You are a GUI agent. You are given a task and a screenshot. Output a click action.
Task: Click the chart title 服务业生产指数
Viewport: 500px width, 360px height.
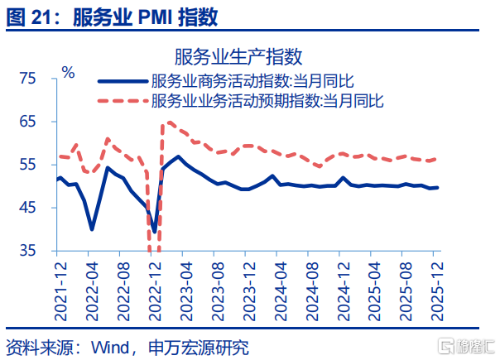click(238, 57)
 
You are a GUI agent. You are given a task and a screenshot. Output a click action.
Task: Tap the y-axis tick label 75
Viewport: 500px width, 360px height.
click(28, 78)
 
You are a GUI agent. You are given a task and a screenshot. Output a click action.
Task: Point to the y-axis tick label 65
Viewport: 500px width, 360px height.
click(28, 122)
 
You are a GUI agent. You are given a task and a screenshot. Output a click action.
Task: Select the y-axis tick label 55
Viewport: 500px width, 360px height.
click(28, 165)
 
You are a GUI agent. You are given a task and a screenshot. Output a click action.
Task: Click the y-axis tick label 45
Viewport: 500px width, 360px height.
click(28, 208)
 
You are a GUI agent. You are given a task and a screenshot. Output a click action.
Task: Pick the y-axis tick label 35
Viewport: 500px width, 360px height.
click(28, 251)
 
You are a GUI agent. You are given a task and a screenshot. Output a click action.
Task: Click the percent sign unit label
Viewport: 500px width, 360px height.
click(68, 72)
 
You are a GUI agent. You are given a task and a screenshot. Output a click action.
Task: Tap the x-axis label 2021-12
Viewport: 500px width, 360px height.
click(61, 291)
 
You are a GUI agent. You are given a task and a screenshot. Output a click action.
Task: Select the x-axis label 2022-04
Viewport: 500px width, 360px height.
click(92, 291)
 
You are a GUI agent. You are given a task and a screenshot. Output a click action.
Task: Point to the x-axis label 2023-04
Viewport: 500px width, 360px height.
click(186, 291)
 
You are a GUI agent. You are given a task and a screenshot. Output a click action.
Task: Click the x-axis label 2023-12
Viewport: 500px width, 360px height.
click(249, 291)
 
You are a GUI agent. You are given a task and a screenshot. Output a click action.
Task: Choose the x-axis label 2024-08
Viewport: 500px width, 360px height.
click(312, 291)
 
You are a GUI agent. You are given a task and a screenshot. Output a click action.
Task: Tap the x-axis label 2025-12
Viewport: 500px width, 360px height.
click(437, 291)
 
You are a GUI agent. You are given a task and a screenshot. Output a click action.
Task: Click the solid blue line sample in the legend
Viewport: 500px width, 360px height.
click(123, 81)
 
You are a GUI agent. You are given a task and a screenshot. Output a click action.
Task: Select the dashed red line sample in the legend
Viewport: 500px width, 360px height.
click(123, 101)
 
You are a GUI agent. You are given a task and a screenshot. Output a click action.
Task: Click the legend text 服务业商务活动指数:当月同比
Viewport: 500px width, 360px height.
click(252, 81)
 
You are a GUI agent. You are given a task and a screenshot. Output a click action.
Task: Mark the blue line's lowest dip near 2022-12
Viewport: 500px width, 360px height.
click(155, 232)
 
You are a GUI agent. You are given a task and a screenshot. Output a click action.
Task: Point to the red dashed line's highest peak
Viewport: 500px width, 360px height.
click(170, 122)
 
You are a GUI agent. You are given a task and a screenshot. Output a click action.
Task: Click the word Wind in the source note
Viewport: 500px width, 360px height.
click(110, 348)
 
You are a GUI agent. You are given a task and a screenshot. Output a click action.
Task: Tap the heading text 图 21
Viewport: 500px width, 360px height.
click(28, 17)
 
